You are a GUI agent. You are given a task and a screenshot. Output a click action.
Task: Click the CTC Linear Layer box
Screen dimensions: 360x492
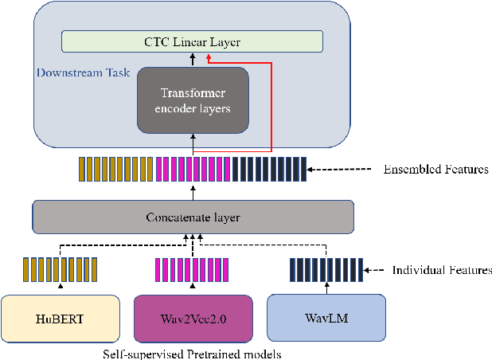(193, 41)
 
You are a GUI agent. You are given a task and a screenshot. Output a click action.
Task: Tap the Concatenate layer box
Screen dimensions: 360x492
(193, 217)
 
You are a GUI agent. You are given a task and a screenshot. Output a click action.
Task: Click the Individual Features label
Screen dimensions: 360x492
(442, 271)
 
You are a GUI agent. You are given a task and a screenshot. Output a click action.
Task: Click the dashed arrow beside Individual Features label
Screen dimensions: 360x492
(374, 271)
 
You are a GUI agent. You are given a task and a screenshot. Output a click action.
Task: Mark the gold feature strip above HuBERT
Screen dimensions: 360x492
(60, 270)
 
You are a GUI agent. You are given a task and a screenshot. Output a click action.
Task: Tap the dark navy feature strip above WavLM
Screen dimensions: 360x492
(326, 270)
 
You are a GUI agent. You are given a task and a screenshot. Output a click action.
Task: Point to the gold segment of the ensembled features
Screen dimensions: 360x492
(115, 170)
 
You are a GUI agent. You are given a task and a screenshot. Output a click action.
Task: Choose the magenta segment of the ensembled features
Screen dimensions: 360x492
(192, 170)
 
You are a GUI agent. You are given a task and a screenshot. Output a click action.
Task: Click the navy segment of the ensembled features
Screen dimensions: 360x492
(267, 170)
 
